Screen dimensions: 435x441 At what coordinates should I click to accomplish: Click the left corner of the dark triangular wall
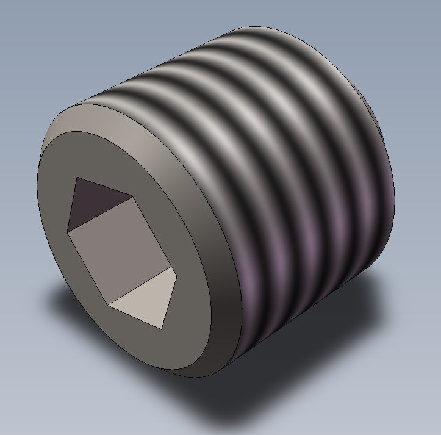click(66, 231)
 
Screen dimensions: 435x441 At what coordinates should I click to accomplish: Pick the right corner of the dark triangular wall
click(132, 197)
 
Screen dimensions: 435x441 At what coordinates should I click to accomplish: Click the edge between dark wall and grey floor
click(99, 214)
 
